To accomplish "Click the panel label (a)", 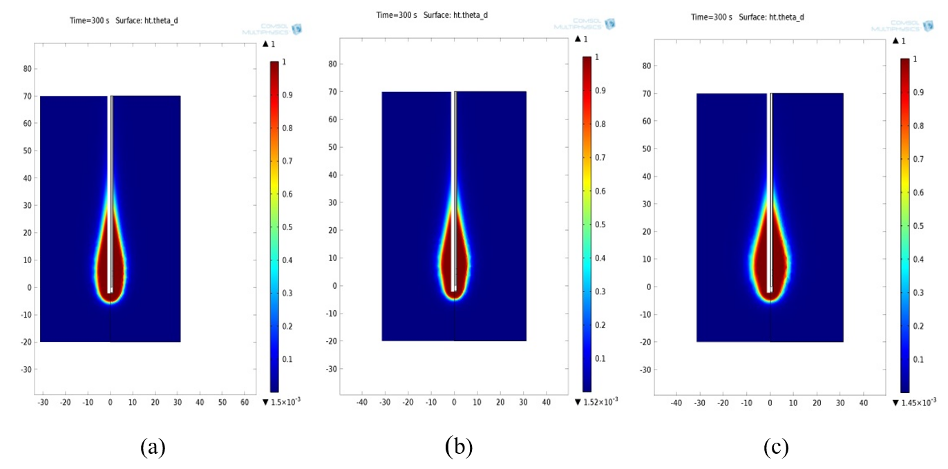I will tap(153, 448).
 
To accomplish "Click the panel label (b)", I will tap(459, 446).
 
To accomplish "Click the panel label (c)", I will tap(776, 448).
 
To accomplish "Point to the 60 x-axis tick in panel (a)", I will tap(244, 402).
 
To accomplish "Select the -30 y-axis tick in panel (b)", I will tap(332, 369).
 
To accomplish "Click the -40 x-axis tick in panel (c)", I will tap(676, 403).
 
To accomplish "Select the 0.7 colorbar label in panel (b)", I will tap(601, 157).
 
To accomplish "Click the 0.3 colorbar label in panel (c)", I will tap(918, 293).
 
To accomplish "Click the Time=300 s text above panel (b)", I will tap(397, 15).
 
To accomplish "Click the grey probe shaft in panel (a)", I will tap(111, 166).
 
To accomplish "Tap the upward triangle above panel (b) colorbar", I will tap(577, 39).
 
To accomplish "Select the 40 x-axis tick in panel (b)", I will tap(547, 401).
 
